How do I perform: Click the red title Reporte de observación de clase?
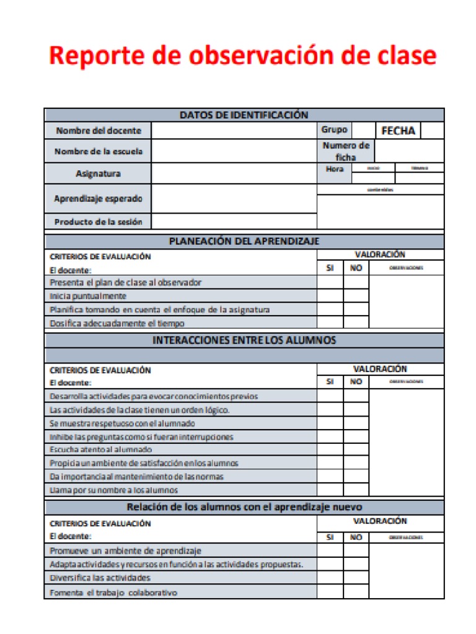[242, 56]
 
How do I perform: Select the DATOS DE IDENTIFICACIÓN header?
[244, 115]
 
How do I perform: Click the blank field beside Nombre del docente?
[234, 131]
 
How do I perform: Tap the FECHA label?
[398, 131]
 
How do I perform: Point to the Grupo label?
[334, 130]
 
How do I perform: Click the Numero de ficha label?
[346, 151]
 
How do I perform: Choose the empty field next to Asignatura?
[234, 173]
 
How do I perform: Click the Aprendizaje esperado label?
[98, 199]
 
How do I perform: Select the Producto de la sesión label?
[98, 222]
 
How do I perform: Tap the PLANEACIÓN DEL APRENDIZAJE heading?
[244, 241]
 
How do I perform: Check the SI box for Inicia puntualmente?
[330, 296]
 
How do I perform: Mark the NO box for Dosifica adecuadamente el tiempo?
[356, 323]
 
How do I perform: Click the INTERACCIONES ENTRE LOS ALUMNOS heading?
[244, 340]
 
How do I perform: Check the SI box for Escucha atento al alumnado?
[330, 449]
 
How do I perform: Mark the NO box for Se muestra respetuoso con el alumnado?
[356, 423]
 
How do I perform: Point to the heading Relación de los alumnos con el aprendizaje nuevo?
[244, 507]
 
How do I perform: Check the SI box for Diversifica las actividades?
[330, 578]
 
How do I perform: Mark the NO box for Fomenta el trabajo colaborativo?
[356, 592]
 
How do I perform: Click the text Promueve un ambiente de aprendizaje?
[125, 550]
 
